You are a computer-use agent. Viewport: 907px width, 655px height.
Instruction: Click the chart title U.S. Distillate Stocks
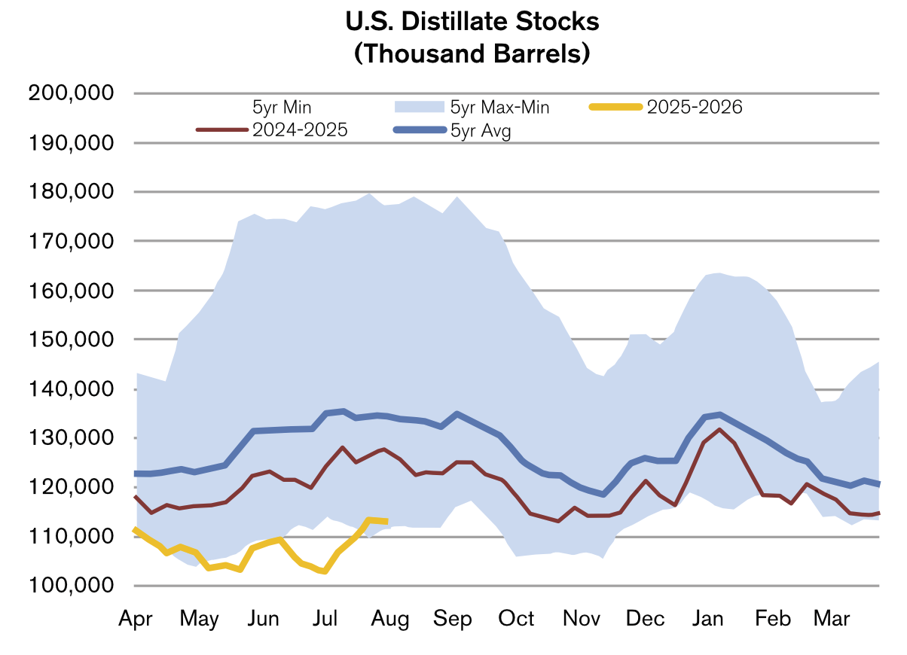pos(472,22)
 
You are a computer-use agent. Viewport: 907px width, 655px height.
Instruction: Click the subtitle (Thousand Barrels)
pos(472,54)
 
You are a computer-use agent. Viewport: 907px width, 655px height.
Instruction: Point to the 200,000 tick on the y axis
pos(70,93)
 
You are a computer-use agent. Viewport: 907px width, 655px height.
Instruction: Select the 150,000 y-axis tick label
pos(70,340)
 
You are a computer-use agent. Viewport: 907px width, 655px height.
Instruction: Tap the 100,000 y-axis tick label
pos(70,586)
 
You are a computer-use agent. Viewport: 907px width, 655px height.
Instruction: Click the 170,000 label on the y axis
pos(70,241)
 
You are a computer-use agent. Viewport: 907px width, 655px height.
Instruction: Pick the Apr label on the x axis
pos(136,619)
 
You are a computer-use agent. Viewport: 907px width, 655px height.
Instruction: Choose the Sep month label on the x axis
pos(453,619)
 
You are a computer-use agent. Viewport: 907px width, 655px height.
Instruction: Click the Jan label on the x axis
pos(709,619)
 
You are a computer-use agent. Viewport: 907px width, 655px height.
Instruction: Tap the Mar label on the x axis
pos(832,619)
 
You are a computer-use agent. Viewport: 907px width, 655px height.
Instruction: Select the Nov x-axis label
pos(581,619)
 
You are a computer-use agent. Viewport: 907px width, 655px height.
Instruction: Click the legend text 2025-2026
pos(694,108)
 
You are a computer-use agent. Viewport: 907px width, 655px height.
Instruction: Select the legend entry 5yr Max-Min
pos(499,108)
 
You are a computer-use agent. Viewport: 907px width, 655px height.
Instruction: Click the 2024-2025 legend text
pos(300,130)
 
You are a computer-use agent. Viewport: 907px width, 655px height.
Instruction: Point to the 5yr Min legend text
pos(282,108)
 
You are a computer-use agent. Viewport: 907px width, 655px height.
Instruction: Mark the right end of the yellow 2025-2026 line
pos(386,521)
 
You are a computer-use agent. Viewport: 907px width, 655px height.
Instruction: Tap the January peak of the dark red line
pos(719,429)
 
